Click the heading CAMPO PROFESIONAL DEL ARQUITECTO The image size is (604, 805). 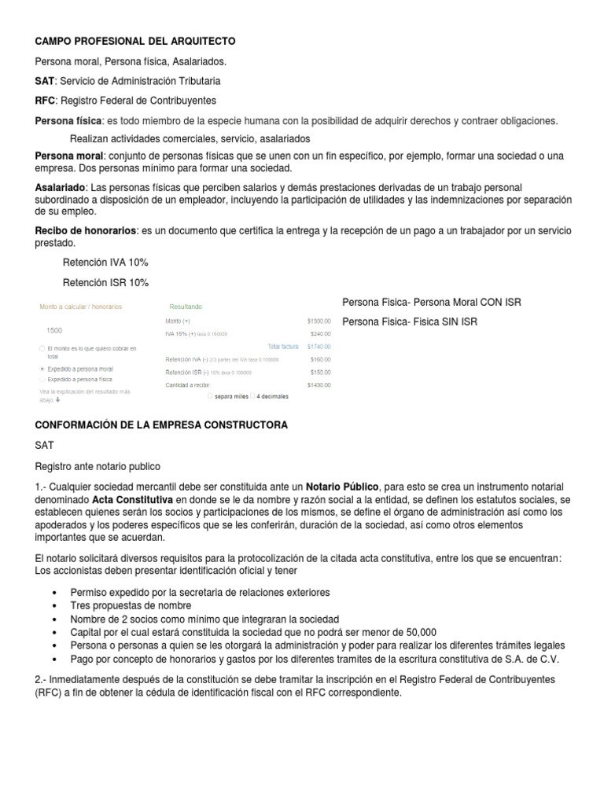[134, 41]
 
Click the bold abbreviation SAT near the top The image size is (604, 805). [45, 81]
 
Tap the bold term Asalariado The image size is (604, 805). [61, 188]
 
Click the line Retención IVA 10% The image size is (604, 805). [105, 263]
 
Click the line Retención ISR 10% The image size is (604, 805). [105, 283]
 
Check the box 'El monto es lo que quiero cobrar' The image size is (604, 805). [42, 348]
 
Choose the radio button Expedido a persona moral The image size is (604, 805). [42, 368]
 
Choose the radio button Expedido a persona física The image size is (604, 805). [42, 379]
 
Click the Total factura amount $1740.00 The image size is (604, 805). [319, 346]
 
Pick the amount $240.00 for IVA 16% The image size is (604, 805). [320, 333]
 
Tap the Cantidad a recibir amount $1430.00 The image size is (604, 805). [319, 385]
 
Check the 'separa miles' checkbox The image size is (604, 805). [208, 396]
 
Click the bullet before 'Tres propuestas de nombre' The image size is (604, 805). [53, 606]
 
